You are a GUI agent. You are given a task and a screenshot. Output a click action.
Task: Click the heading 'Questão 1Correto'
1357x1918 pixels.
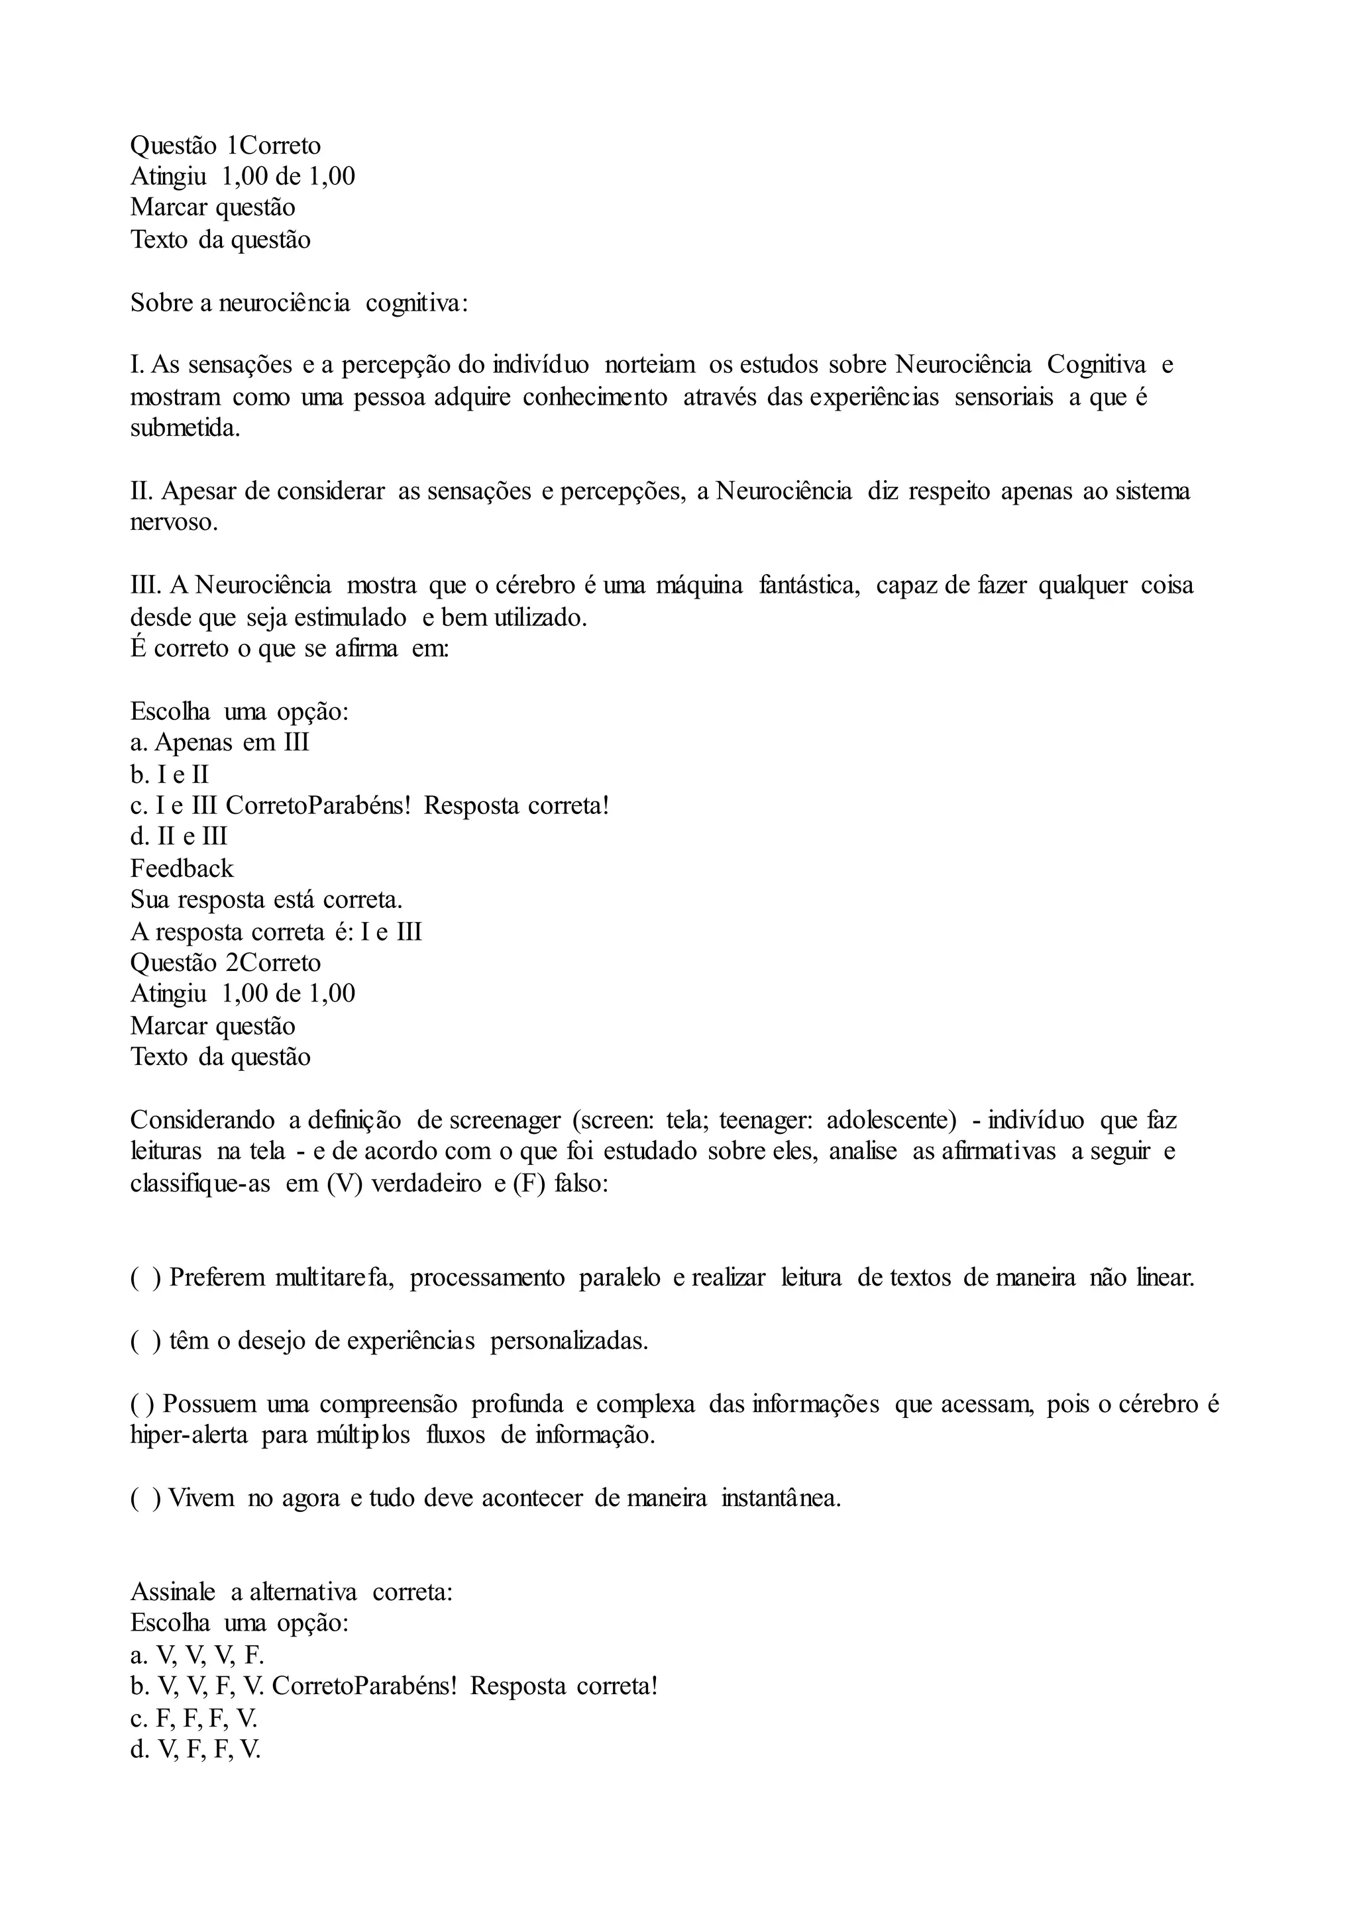225,145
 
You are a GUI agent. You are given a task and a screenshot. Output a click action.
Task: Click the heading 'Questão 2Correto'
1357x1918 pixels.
225,962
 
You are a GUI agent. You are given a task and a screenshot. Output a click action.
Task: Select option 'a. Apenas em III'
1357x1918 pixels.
220,742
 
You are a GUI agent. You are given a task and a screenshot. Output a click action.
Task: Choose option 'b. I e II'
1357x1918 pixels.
169,774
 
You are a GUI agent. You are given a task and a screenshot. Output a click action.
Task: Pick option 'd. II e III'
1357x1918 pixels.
179,836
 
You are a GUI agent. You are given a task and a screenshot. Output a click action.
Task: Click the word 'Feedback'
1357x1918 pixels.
182,869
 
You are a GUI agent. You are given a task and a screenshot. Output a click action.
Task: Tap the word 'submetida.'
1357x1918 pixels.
185,429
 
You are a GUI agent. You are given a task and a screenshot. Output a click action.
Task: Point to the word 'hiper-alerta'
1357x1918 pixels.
189,1435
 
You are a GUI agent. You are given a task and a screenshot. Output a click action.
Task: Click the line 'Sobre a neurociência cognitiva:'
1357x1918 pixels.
299,303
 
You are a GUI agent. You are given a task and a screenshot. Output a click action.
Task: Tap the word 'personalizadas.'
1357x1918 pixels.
569,1340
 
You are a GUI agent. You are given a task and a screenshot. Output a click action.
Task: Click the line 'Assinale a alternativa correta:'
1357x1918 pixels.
291,1591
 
